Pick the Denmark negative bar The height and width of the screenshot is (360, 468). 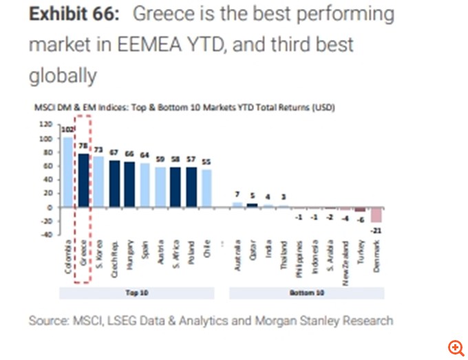coord(376,215)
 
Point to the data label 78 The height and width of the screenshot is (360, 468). coord(83,146)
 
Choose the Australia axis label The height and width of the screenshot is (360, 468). coord(237,255)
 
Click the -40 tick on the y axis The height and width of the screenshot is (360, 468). coord(47,235)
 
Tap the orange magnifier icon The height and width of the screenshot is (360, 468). coord(455,347)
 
